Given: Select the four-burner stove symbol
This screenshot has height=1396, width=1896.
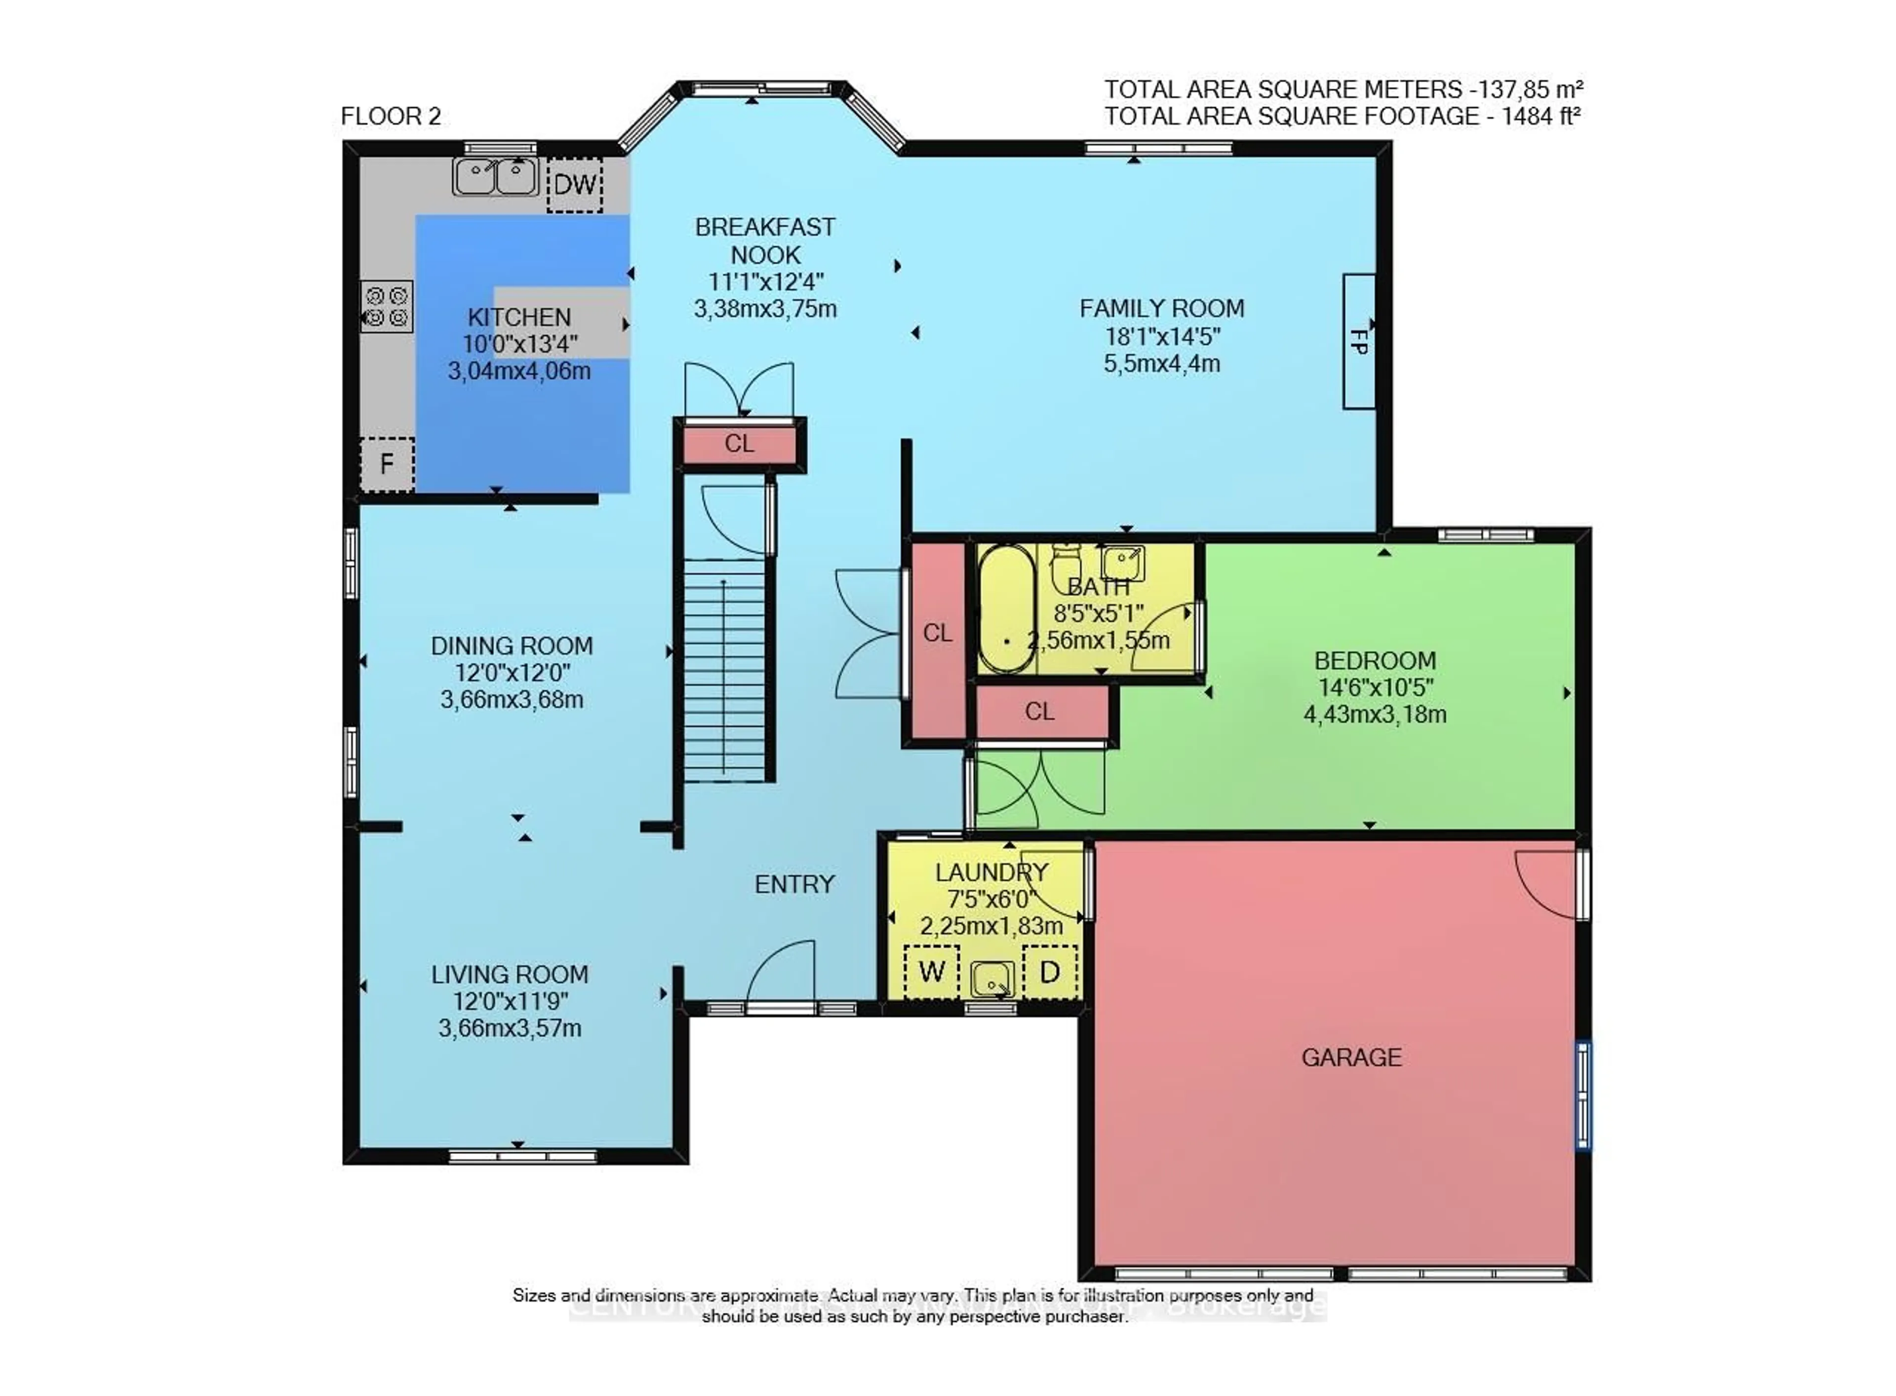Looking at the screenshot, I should (x=386, y=306).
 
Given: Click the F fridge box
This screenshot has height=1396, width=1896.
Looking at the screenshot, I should (x=386, y=463).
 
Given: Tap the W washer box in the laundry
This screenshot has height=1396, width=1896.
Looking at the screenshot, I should (x=931, y=971).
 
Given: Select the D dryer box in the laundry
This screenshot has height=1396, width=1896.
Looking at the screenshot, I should (x=1049, y=971).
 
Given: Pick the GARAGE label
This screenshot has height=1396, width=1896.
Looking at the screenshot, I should (x=1351, y=1056).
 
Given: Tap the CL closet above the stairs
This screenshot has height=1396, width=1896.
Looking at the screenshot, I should (x=739, y=444).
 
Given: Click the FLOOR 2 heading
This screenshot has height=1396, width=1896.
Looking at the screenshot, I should (x=391, y=116).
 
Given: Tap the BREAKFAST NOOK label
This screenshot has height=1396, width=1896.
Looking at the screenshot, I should (x=765, y=240).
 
